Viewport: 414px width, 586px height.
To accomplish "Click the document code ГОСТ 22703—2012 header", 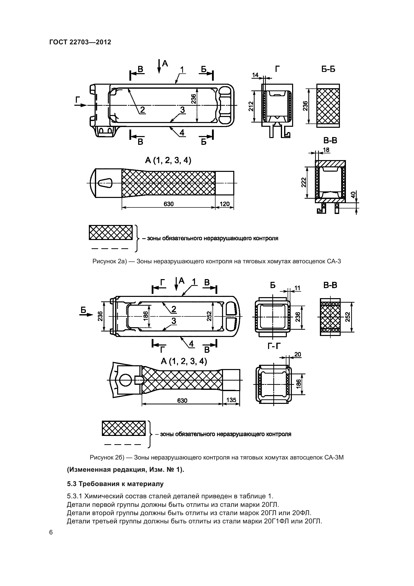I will tap(80, 42).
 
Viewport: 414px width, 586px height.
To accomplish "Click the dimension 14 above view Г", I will tap(255, 75).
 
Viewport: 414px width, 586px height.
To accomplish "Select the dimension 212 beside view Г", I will tap(251, 106).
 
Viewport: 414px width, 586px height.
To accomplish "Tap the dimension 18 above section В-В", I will tap(326, 150).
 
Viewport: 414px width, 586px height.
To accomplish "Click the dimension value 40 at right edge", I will tap(353, 195).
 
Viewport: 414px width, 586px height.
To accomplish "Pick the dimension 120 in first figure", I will tap(225, 204).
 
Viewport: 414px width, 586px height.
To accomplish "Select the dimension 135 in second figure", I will tap(231, 400).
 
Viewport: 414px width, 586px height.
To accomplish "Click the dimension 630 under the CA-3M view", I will tap(182, 400).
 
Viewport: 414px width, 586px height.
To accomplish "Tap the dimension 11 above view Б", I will tap(297, 288).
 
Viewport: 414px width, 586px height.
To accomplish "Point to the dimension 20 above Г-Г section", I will tap(298, 355).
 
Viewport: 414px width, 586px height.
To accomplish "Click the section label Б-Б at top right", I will tap(328, 69).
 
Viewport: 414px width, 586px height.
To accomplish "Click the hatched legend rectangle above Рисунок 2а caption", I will tap(111, 232).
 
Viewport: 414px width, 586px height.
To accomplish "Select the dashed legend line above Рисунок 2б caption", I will tap(123, 444).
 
